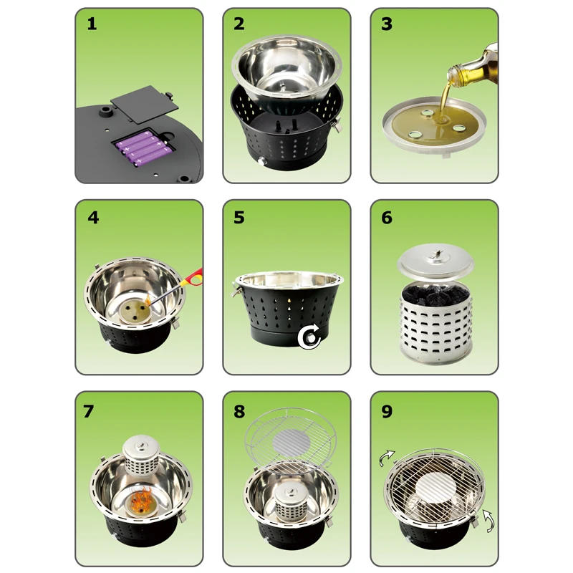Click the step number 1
tap(92, 24)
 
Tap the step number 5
tap(239, 218)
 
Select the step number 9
tap(387, 411)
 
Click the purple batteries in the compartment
tap(143, 148)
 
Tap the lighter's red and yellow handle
tap(194, 278)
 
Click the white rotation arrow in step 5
tap(309, 338)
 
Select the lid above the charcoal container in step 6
tap(435, 260)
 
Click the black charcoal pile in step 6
tap(435, 294)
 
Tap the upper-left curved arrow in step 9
tap(387, 458)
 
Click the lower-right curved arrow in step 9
tap(488, 520)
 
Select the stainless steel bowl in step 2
tap(287, 69)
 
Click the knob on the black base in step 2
tap(261, 162)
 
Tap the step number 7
tap(88, 411)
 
